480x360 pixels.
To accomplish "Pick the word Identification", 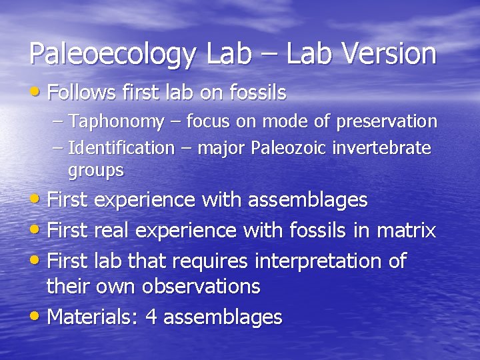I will [121, 147].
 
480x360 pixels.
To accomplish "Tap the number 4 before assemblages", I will [151, 317].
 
